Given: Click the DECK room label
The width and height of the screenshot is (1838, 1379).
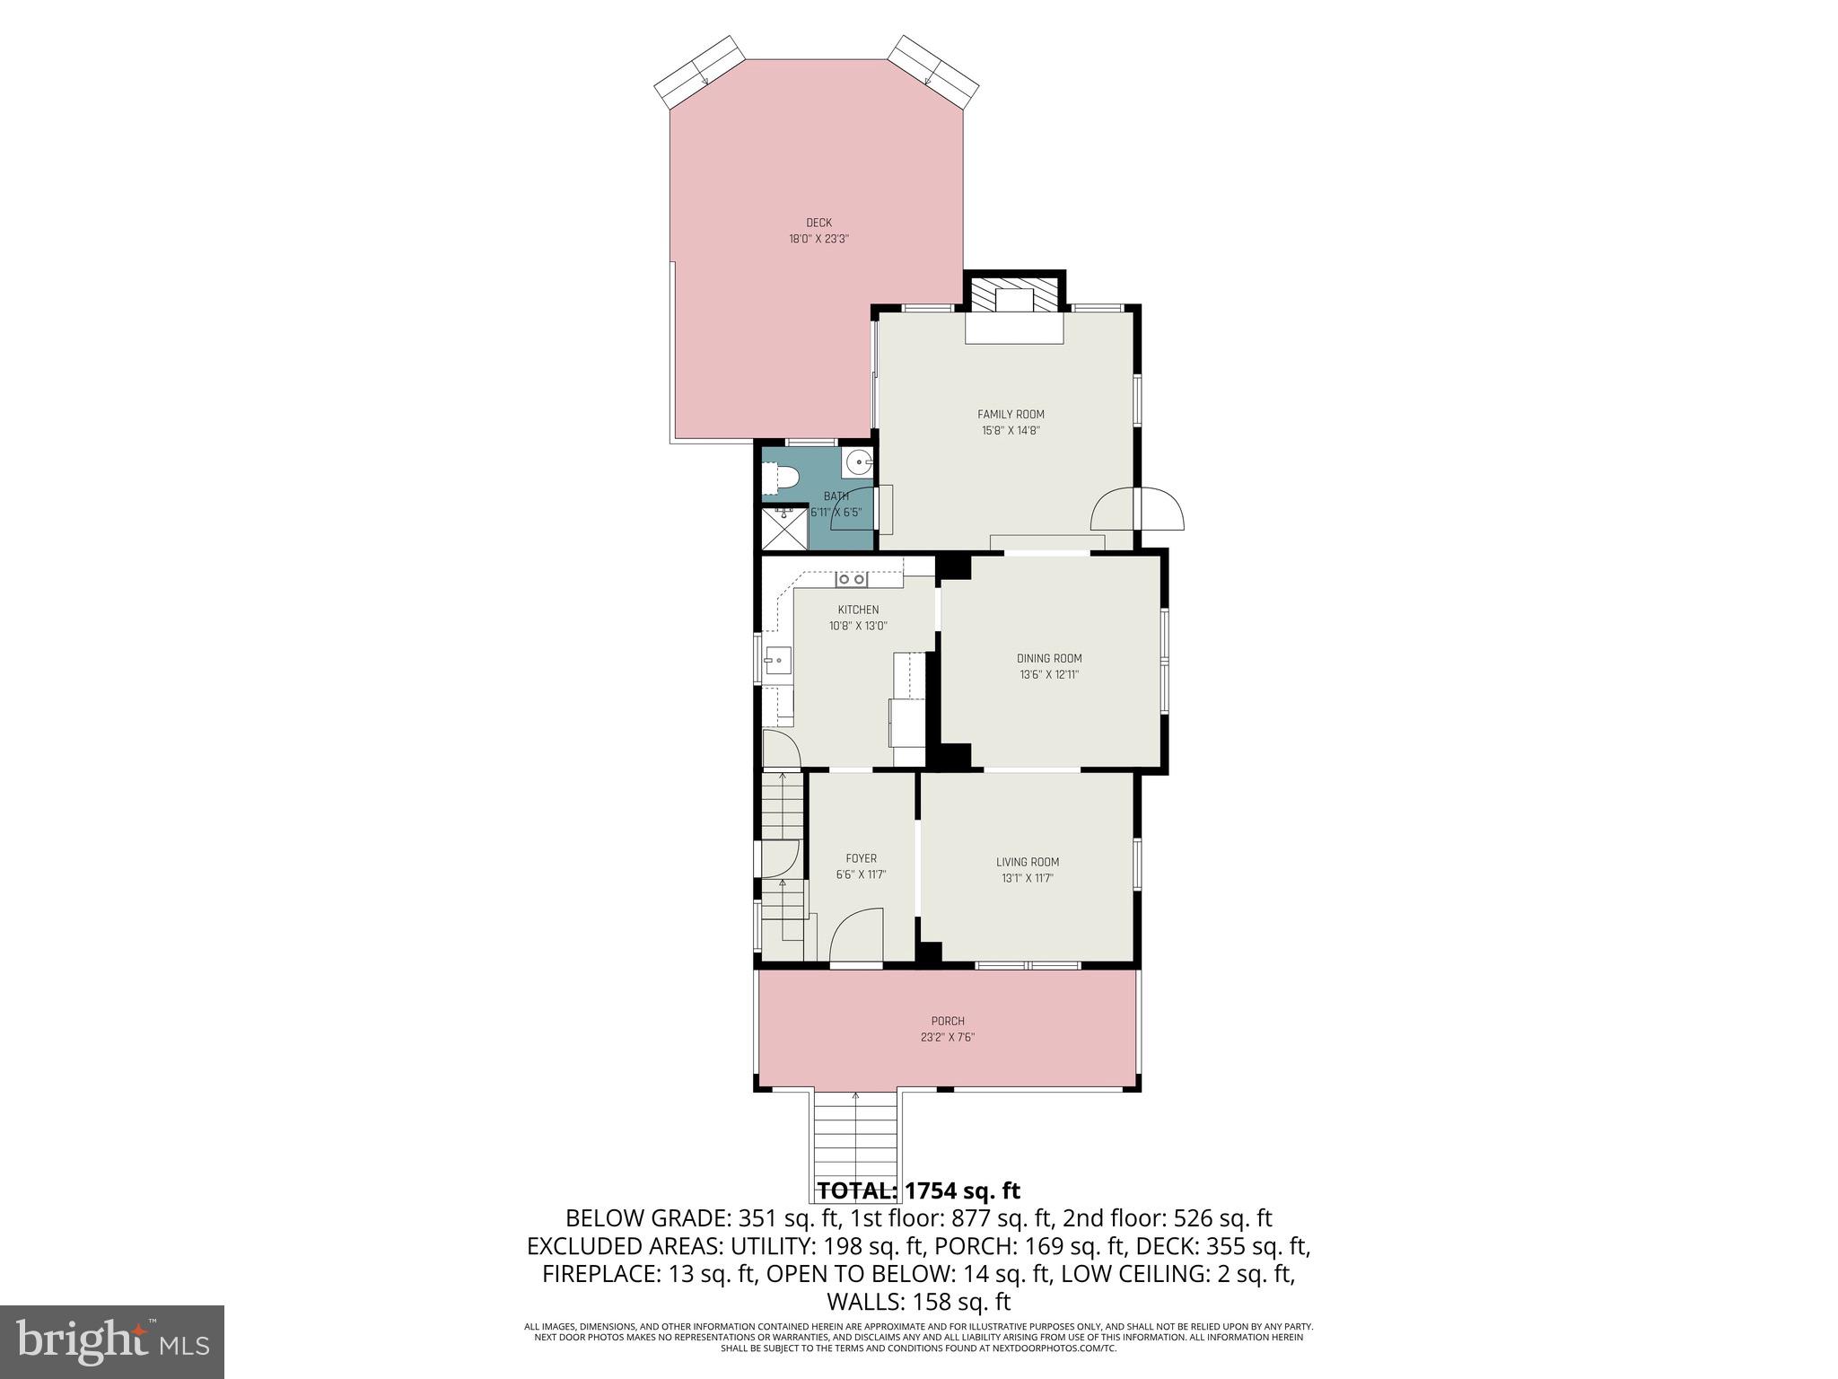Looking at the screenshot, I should coord(818,223).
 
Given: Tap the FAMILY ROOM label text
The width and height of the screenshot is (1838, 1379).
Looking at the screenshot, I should coord(1011,415).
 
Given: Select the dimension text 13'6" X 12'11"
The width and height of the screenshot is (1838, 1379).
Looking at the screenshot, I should coord(1049,675).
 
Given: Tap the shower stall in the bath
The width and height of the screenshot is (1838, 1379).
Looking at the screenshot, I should coord(784,529).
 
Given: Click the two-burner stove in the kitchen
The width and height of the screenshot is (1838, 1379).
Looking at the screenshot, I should coord(852,580).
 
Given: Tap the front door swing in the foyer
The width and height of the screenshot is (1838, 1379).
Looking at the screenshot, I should coord(856,937).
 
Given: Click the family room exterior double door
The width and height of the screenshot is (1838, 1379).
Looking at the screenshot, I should coord(1137,509).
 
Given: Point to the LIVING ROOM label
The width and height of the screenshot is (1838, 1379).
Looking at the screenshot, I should coord(1028,863).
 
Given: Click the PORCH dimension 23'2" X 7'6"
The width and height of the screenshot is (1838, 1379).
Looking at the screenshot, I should coord(948,1038).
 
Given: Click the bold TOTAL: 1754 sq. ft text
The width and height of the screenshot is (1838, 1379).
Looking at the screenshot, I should coord(918,1191).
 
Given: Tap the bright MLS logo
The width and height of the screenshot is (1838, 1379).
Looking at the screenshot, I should coord(112,1341).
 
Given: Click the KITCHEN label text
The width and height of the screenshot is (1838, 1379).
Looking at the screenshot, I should coord(858,610).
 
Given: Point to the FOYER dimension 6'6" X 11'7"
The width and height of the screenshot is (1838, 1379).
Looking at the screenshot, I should coord(861,875).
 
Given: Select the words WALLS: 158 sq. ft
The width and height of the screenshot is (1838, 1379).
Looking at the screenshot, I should coord(918,1302).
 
